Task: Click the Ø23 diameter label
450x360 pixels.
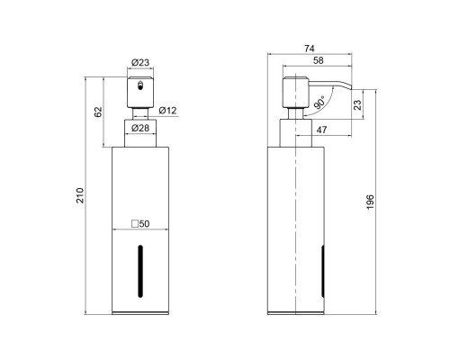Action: [x=140, y=62]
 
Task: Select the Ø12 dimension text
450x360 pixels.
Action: [x=167, y=111]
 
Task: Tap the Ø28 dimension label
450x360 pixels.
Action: [x=140, y=128]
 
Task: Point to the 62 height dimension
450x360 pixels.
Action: [x=98, y=112]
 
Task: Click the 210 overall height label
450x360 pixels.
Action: [x=80, y=195]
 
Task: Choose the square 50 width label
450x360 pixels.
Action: [x=140, y=224]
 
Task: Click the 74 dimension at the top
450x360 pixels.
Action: [x=310, y=49]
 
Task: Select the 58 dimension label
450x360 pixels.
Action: [x=318, y=60]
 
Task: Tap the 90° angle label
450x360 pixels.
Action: [x=319, y=103]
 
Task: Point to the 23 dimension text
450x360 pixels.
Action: [x=357, y=104]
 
